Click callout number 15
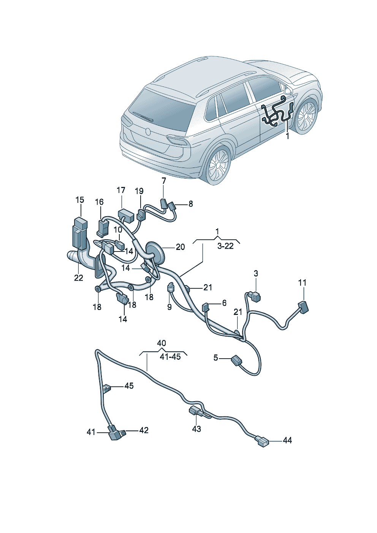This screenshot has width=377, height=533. (79, 200)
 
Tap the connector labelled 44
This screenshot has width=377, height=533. (262, 441)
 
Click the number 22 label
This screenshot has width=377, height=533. (78, 278)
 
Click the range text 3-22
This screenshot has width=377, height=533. (225, 246)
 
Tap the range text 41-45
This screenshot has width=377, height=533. (170, 357)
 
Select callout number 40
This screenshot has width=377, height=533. (162, 343)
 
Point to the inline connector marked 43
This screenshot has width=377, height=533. (195, 411)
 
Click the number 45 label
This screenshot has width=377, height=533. (129, 386)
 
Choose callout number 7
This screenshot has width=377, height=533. (164, 180)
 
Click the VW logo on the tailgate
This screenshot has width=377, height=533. (148, 131)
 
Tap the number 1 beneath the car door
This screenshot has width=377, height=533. (287, 136)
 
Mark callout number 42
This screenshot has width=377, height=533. (144, 430)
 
